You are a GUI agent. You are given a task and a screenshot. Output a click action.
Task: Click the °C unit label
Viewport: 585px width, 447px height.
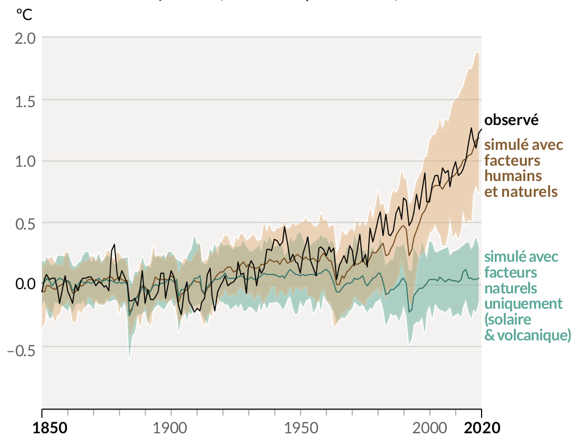tap(24, 15)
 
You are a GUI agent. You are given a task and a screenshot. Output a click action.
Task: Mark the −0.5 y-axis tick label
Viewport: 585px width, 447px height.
tap(21, 347)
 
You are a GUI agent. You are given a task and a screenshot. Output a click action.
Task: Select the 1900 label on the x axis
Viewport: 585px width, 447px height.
tap(170, 427)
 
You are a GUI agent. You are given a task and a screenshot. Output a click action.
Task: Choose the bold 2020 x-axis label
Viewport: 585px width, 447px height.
tap(482, 427)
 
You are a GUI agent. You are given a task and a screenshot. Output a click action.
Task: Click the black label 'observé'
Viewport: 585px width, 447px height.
tap(511, 120)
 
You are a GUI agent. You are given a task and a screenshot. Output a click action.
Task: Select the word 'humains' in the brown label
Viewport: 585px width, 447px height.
tap(513, 175)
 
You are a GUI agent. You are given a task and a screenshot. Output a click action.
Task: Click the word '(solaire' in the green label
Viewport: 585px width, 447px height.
tap(507, 320)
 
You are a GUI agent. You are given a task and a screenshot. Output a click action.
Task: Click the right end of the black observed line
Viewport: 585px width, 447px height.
tap(481, 129)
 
